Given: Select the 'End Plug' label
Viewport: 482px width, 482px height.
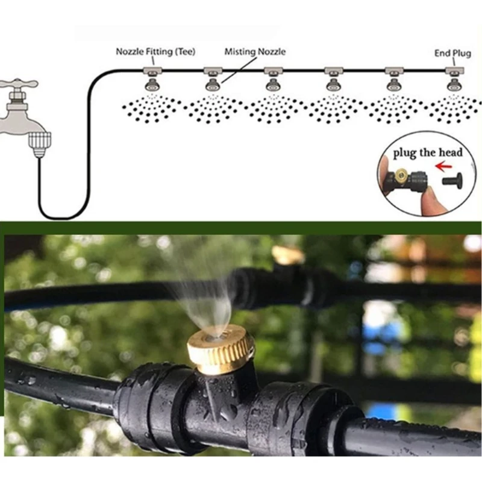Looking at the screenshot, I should [x=452, y=53].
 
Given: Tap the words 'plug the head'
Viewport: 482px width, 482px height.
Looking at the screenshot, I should [x=428, y=152].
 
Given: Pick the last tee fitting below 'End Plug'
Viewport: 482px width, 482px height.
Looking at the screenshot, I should [x=454, y=72].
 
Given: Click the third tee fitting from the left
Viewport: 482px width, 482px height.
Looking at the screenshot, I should [x=273, y=72].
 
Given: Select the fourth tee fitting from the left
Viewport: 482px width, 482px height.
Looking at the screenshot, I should [x=333, y=72].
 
